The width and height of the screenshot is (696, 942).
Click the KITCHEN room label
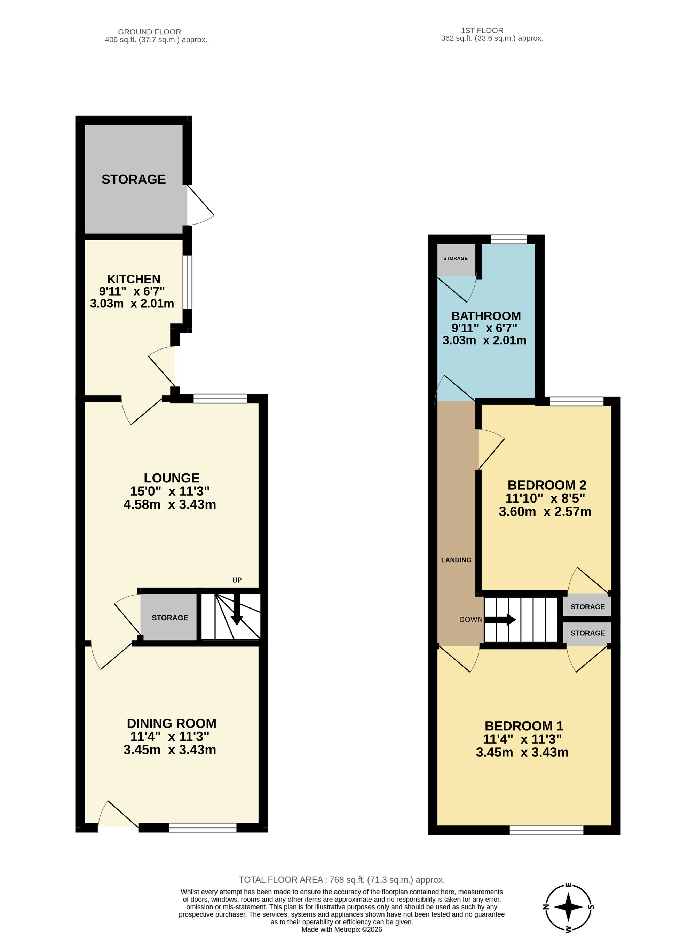tap(134, 279)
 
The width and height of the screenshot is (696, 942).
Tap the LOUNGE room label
tap(172, 478)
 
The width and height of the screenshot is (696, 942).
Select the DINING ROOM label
tap(172, 723)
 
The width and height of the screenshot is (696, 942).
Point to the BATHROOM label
tap(486, 316)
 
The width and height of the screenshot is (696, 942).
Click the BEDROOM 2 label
tap(547, 485)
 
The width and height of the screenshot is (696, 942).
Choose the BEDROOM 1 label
tap(524, 726)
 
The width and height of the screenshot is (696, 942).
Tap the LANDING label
tap(456, 560)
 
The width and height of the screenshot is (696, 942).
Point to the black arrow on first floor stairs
tap(500, 620)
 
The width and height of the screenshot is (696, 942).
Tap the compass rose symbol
tap(568, 907)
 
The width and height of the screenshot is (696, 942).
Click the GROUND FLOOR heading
tap(150, 32)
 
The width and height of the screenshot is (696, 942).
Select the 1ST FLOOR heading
tap(482, 30)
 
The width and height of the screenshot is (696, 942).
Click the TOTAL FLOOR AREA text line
tap(342, 880)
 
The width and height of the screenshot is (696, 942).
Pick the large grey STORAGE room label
tap(134, 180)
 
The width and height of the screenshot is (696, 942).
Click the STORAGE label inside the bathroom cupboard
tap(456, 258)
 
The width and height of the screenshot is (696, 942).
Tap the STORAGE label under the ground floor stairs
tap(170, 618)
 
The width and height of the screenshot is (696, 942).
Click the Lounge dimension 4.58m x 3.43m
tap(170, 504)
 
